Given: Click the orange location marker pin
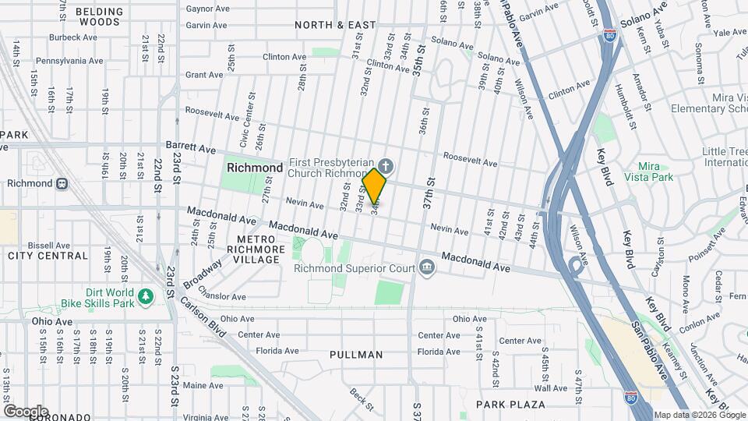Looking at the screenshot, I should tap(375, 186).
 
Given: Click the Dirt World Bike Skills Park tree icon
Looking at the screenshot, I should tap(145, 296).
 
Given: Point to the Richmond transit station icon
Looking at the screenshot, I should tap(61, 184).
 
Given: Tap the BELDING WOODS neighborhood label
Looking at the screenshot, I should tap(97, 16).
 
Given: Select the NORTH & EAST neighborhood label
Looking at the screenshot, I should tap(335, 25).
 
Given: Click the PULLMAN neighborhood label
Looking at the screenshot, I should tap(356, 355).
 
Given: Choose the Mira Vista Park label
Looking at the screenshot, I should tap(655, 172).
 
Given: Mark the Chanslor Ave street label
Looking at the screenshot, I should tap(222, 296).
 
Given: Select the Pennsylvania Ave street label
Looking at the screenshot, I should tap(69, 60).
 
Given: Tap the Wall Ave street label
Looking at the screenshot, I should tap(551, 387).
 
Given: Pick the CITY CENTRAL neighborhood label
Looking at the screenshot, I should tap(48, 256).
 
